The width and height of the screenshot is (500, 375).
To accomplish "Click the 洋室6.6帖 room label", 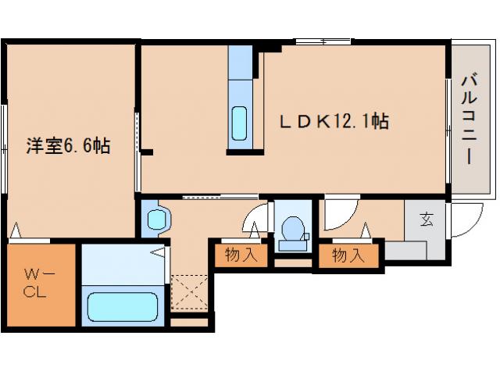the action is click(68, 146).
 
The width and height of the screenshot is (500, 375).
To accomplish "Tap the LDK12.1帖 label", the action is click(334, 121).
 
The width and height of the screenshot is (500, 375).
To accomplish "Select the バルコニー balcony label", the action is click(470, 119).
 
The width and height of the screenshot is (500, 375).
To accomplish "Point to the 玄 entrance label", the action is click(427, 220).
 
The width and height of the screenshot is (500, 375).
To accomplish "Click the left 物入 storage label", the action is click(241, 255).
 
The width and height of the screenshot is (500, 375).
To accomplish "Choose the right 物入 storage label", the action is click(348, 255).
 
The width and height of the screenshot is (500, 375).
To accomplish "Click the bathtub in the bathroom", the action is click(123, 307).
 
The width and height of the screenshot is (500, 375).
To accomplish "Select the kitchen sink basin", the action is click(240, 123).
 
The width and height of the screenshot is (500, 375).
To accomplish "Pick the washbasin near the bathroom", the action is click(157, 219).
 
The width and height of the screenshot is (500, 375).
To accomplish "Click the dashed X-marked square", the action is click(189, 292).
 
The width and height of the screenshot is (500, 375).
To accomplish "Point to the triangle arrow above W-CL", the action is click(16, 230).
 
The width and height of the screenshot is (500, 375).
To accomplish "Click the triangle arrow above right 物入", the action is click(366, 230).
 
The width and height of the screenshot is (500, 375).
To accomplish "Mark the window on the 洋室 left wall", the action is click(4, 149).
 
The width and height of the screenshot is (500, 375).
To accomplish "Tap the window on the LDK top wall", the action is click(323, 41).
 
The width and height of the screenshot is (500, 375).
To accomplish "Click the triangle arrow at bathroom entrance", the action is click(158, 252).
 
